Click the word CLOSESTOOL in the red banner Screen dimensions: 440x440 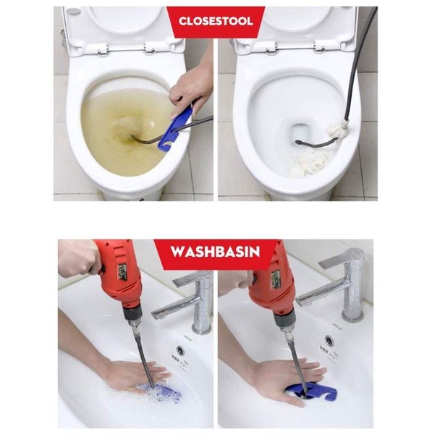[216, 21]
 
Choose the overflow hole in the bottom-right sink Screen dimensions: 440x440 [329, 341]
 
